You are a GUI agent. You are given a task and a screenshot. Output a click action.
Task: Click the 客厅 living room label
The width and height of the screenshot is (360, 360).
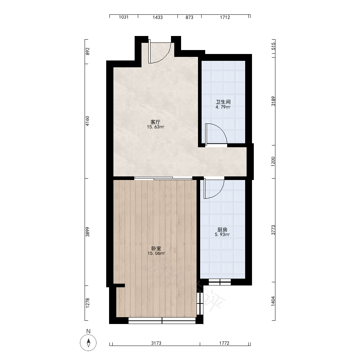pos(156,122)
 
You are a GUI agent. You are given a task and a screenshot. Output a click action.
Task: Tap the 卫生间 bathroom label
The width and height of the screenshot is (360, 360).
pos(223,102)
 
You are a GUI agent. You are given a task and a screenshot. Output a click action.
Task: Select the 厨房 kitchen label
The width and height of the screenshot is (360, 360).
pos(222,230)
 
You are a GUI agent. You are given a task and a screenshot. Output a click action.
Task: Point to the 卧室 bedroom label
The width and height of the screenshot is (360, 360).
pos(156,248)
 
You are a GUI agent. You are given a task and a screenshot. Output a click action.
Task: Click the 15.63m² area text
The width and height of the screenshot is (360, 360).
pos(156,127)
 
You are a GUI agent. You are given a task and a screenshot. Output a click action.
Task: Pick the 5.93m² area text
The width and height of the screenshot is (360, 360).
pos(222,234)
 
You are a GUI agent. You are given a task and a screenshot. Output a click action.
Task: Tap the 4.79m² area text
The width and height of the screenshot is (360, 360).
pos(223,107)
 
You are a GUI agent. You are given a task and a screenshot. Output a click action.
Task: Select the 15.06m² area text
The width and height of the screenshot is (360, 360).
pos(156,253)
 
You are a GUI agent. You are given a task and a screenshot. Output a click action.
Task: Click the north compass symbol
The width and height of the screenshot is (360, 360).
pos(89,343)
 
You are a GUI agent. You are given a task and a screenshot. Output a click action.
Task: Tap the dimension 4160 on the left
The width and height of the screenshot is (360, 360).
pos(87,121)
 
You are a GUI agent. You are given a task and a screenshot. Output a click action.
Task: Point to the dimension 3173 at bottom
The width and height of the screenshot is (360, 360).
pos(156,343)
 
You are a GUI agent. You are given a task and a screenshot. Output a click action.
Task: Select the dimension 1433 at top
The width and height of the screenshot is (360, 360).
pos(158,17)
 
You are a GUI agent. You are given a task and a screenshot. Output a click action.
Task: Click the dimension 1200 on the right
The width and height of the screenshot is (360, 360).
pos(273,162)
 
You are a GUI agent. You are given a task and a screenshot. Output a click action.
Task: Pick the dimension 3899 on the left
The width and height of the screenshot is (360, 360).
pos(87,232)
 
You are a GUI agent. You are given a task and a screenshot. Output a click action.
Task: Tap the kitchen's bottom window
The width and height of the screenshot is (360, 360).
pos(220,282)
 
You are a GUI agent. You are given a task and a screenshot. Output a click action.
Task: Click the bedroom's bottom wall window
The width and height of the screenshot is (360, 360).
pos(162,320)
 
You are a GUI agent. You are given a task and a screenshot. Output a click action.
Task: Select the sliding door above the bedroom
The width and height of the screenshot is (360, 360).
pos(163,178)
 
